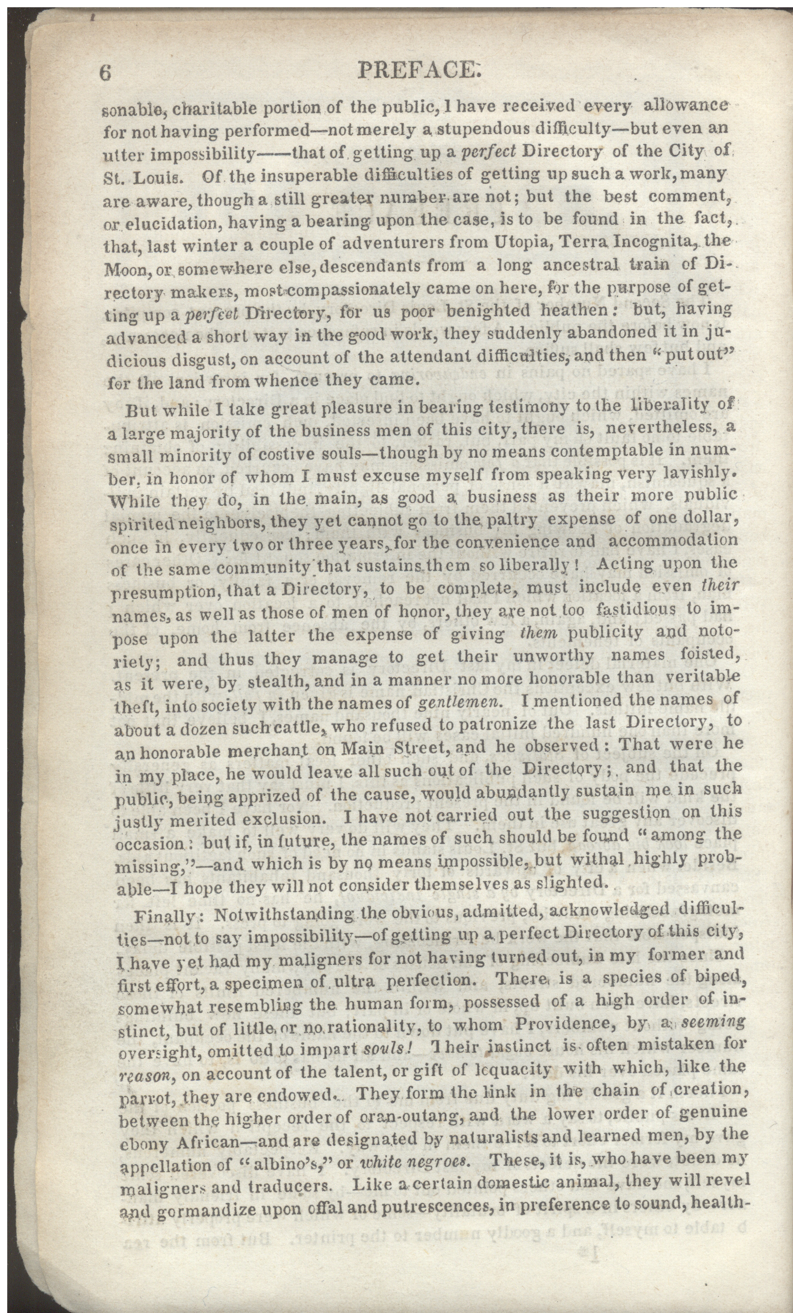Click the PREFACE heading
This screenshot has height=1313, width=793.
click(x=420, y=70)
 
